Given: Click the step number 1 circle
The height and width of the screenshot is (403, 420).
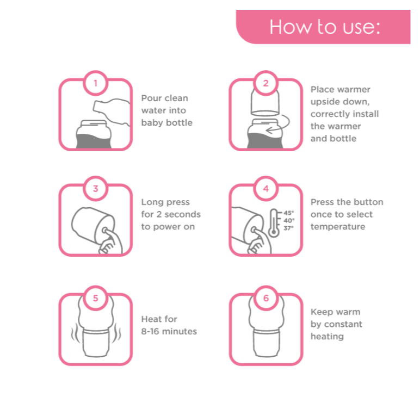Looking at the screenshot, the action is (x=96, y=83).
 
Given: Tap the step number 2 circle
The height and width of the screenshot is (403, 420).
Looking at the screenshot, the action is (x=265, y=83).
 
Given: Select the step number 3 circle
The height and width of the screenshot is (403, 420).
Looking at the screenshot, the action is (x=96, y=189).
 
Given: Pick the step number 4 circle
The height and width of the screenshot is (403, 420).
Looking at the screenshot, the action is (x=265, y=189).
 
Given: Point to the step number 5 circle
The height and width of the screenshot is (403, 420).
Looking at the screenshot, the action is (x=96, y=298).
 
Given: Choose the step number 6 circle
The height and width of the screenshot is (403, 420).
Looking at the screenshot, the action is (x=265, y=298).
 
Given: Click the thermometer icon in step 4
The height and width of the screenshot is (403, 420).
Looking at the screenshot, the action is (x=274, y=223).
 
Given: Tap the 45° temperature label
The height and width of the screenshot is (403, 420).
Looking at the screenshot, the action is (x=289, y=213).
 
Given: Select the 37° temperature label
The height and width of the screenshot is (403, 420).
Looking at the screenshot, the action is (x=289, y=228).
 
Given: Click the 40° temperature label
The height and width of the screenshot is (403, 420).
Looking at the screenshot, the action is (x=289, y=220).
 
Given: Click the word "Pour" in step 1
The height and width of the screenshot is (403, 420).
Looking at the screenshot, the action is (x=150, y=98).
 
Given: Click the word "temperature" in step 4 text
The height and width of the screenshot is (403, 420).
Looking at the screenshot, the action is (x=338, y=227).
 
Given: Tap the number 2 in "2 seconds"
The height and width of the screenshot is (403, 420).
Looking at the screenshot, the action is (x=159, y=214).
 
